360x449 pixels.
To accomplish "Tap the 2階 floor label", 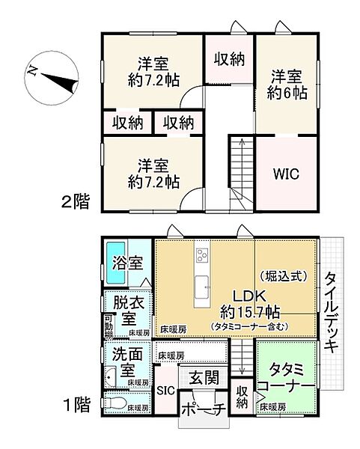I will (x=75, y=201).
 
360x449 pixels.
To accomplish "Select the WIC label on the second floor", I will (x=287, y=174).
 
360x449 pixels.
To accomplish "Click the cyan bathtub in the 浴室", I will (x=115, y=263).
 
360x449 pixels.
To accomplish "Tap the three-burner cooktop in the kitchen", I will (x=202, y=257).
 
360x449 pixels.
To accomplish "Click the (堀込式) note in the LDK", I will (x=283, y=275).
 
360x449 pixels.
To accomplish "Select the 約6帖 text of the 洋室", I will (x=287, y=94).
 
